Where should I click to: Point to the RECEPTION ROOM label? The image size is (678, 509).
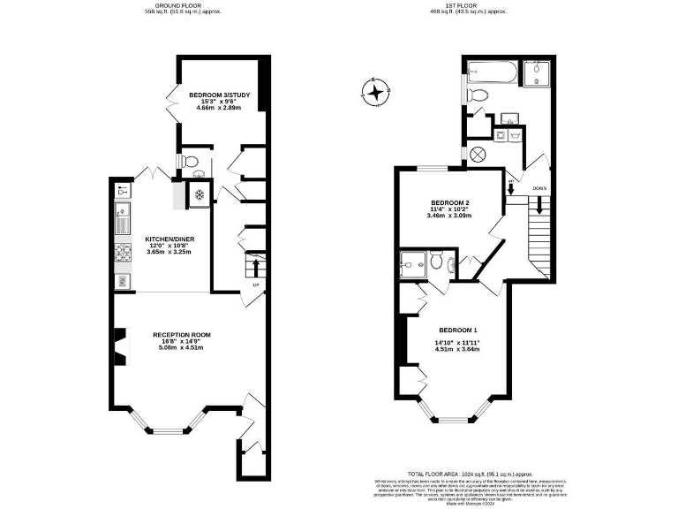[181, 335]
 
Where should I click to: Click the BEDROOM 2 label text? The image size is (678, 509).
[448, 202]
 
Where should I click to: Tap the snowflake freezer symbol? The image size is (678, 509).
[200, 194]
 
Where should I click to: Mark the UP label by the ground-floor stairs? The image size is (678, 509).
[256, 285]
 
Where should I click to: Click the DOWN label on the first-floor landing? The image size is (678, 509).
[539, 188]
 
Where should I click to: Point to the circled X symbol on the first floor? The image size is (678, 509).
[478, 154]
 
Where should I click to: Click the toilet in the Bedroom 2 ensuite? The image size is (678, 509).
[436, 261]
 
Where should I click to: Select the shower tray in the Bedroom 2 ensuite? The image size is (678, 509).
[411, 262]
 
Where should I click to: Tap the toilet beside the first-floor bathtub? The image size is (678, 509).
[477, 94]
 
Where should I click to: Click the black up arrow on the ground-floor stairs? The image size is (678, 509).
[257, 267]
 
